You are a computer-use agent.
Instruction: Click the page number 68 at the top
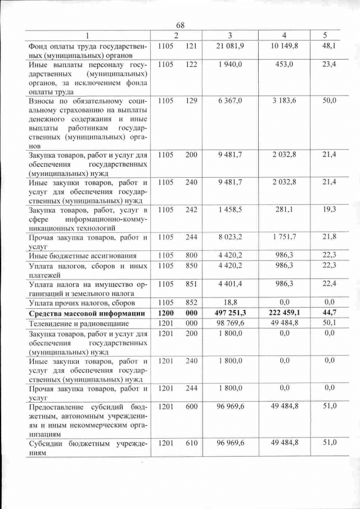click(181, 25)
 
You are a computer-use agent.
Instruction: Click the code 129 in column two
click(191, 101)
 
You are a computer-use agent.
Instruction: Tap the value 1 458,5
click(229, 209)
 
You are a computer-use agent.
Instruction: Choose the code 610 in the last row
click(191, 443)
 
